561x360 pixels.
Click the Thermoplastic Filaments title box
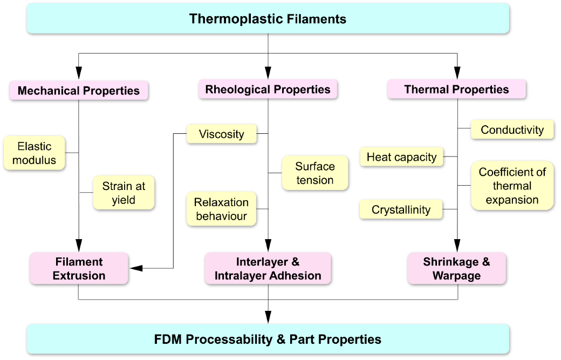[x=268, y=18]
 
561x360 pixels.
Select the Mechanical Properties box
[x=79, y=90]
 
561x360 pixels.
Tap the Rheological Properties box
[x=268, y=89]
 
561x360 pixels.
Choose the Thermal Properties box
[x=456, y=89]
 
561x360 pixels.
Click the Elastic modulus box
[x=34, y=153]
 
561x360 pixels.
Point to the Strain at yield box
[x=124, y=193]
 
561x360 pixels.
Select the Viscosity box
[x=221, y=134]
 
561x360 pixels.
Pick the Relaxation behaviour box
[x=221, y=209]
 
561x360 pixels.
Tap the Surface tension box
[x=315, y=173]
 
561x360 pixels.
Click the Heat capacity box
[x=401, y=157]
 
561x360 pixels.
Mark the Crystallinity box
[x=401, y=209]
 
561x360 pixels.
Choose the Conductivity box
[x=512, y=130]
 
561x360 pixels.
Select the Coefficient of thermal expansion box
[x=512, y=186]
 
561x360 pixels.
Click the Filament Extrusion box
[x=79, y=268]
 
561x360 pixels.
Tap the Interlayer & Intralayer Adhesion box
[x=268, y=268]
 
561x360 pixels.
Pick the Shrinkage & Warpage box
[x=456, y=268]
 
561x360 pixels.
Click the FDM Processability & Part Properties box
[x=268, y=339]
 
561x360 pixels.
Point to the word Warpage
[x=456, y=275]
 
